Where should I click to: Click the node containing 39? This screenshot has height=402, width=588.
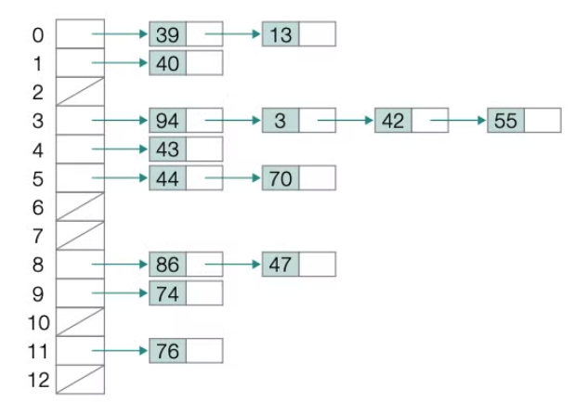click(168, 34)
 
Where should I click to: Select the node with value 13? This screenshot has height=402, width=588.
click(281, 34)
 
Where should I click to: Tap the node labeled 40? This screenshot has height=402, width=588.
click(168, 62)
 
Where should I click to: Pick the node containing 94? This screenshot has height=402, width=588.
click(168, 120)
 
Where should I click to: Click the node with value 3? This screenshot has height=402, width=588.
click(281, 120)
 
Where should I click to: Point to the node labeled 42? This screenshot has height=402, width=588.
click(393, 120)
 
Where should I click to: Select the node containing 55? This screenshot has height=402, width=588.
click(505, 120)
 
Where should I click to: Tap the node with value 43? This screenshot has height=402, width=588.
click(168, 148)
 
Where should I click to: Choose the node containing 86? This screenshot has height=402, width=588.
click(168, 264)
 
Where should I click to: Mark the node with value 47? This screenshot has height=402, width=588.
click(281, 264)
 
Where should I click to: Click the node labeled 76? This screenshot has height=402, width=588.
click(168, 350)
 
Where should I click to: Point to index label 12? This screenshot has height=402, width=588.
click(34, 380)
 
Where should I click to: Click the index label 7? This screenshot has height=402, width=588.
click(37, 235)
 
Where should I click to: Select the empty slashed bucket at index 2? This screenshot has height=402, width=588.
click(81, 91)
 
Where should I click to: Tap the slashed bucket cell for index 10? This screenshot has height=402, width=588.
click(81, 321)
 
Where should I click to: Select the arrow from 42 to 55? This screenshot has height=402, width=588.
click(459, 121)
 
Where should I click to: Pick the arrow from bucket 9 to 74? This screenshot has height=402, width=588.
click(121, 293)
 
